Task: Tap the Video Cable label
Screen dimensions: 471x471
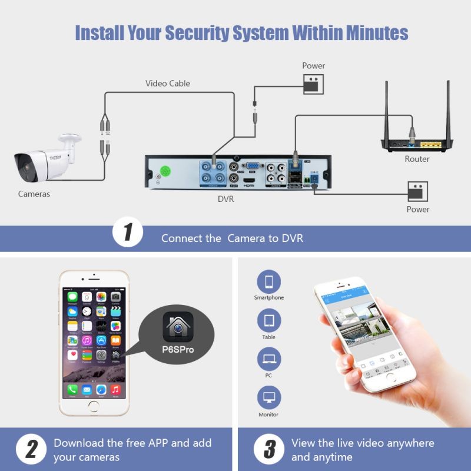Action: tap(168, 84)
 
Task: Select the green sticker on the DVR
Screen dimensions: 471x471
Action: tap(166, 172)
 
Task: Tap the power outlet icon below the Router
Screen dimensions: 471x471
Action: tap(417, 191)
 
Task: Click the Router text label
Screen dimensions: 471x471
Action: tap(417, 159)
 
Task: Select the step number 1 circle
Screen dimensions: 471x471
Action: tap(127, 233)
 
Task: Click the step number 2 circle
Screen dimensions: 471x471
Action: tap(28, 450)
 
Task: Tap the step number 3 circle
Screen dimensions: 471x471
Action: tap(269, 450)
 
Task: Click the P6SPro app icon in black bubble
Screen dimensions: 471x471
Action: tap(178, 327)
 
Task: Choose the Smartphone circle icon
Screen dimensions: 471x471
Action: tap(269, 281)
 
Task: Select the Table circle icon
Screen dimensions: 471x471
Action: tap(269, 320)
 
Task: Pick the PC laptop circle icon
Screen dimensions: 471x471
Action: tap(269, 359)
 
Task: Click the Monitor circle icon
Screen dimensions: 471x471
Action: tap(269, 398)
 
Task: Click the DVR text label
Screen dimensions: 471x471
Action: tap(226, 199)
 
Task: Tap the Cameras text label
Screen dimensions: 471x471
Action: tap(34, 194)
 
